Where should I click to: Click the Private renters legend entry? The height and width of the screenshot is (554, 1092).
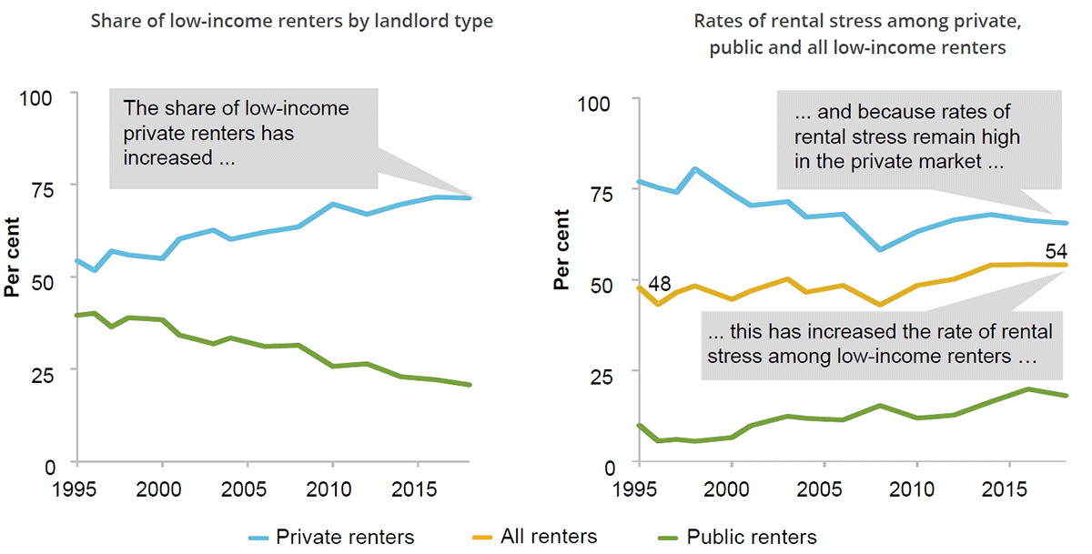[346, 536]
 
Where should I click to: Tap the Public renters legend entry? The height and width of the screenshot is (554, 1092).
[752, 536]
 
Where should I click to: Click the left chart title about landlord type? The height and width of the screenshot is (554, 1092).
[292, 20]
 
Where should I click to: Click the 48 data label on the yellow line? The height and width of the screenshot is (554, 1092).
[660, 284]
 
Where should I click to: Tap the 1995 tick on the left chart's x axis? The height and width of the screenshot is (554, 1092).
[77, 481]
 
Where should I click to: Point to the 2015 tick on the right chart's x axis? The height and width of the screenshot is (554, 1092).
[1009, 482]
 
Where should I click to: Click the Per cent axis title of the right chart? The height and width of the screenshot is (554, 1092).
[563, 250]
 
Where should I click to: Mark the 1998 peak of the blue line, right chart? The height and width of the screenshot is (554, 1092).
[695, 169]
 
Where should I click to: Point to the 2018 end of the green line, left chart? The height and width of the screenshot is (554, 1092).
[470, 385]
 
